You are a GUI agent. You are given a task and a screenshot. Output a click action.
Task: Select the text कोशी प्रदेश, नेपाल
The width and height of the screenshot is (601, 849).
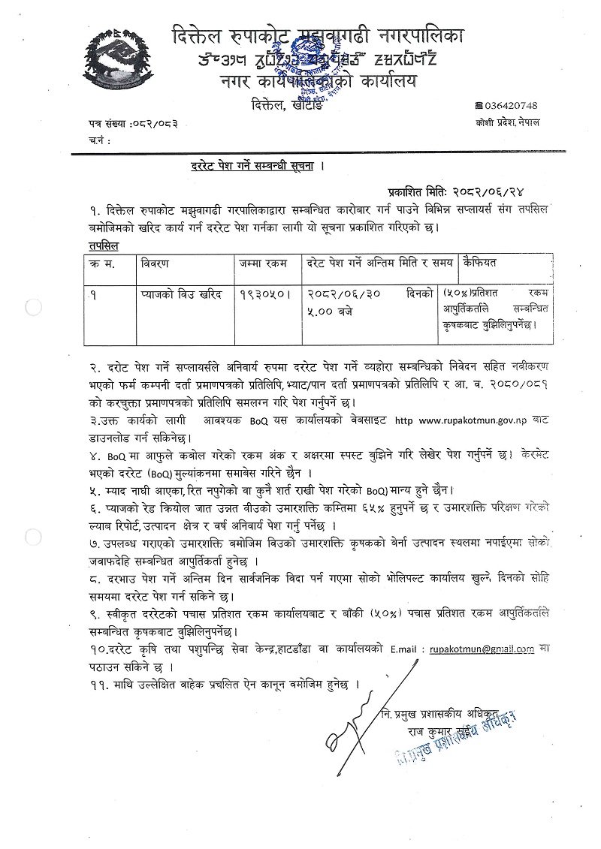(507, 122)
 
